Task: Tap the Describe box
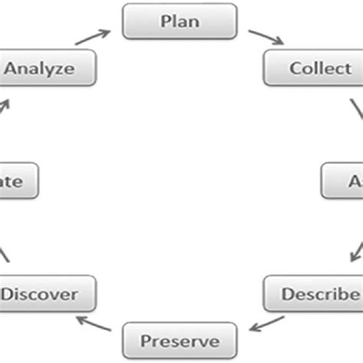pyautogui.click(x=314, y=293)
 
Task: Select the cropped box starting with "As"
pyautogui.click(x=343, y=182)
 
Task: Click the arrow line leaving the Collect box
pyautogui.click(x=357, y=111)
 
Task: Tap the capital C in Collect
pyautogui.click(x=295, y=68)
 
